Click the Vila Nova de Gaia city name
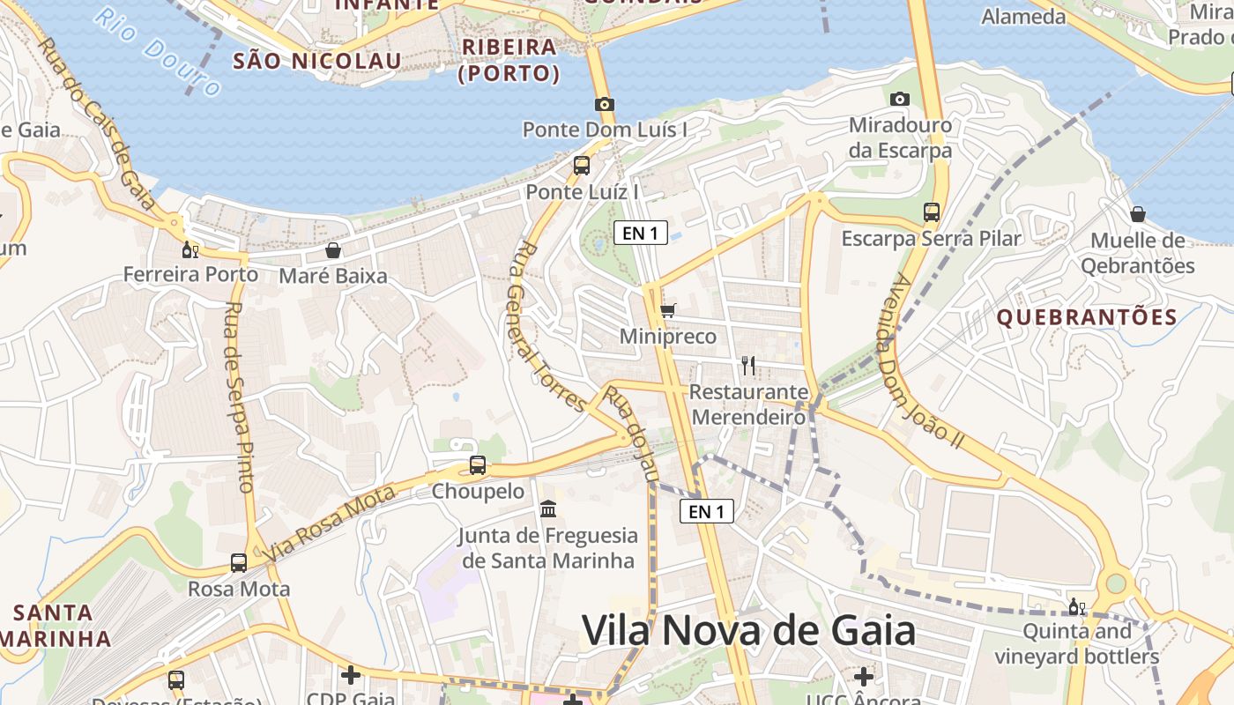(x=748, y=631)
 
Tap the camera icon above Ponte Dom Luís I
(x=604, y=104)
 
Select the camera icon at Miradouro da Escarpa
(x=899, y=99)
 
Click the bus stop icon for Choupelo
(x=478, y=464)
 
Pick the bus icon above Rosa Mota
(x=239, y=562)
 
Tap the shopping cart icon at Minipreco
(x=667, y=310)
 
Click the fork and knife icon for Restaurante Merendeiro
(x=748, y=365)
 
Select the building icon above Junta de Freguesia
(x=548, y=509)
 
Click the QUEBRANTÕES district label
(x=1087, y=317)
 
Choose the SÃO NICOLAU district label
(x=316, y=61)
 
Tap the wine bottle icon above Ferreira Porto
(x=190, y=249)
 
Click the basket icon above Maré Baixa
(x=333, y=250)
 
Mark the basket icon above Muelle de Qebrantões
(x=1138, y=214)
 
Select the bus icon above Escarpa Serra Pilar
(x=931, y=211)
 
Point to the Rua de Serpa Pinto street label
(x=239, y=397)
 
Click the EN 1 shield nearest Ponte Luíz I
(x=640, y=233)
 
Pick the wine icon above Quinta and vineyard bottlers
(x=1076, y=606)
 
